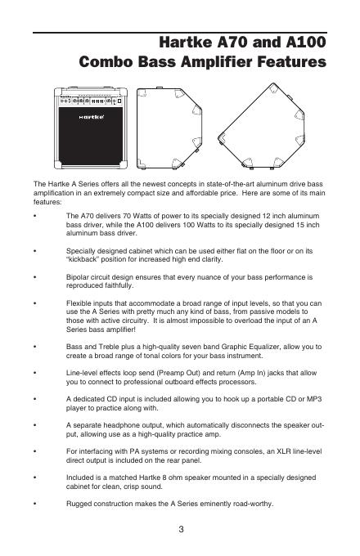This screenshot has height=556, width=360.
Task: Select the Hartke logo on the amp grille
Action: (x=91, y=117)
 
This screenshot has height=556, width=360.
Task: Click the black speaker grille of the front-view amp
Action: (x=91, y=136)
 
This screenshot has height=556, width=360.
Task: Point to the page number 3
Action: (x=181, y=529)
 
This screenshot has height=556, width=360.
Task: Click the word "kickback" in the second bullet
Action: (x=83, y=259)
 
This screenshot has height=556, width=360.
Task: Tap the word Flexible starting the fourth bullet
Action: (x=79, y=303)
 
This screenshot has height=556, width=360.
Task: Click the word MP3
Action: (x=314, y=399)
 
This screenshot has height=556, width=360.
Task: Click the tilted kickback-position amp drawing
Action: (x=261, y=125)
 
